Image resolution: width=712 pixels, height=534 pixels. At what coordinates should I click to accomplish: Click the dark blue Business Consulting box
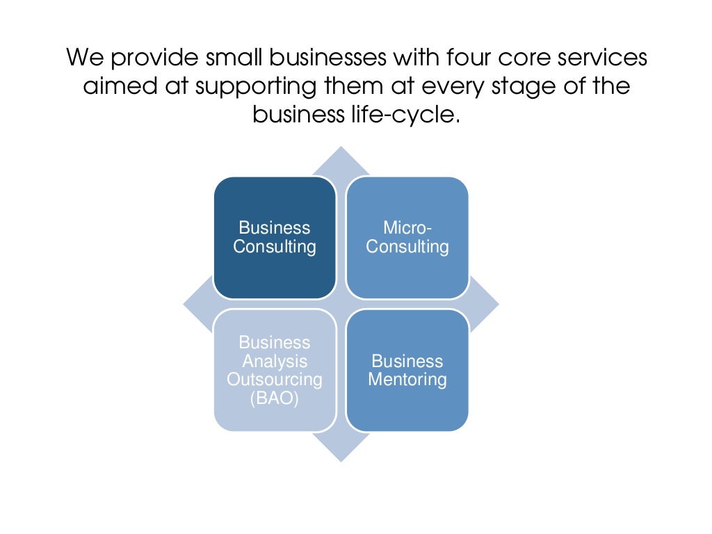coord(274,237)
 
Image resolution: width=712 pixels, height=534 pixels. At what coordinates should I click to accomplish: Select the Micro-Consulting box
coord(407,237)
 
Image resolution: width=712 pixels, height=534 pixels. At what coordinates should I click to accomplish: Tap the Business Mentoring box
coord(407,370)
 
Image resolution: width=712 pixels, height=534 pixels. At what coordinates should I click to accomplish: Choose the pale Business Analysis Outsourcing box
coord(274,370)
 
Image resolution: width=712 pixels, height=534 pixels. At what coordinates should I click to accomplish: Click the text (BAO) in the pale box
coord(274,399)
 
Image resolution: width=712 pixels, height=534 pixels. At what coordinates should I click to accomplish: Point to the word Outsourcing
coord(274,380)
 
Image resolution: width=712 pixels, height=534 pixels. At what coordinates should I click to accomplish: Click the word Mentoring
coord(407,380)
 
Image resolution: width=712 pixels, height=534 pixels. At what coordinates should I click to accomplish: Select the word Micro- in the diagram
coord(407,228)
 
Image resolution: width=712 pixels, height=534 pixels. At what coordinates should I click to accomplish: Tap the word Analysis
coord(274,362)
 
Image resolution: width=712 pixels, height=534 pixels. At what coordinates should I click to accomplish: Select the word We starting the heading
coord(83,57)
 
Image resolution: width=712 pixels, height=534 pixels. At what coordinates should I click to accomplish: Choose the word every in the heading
coord(458,87)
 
